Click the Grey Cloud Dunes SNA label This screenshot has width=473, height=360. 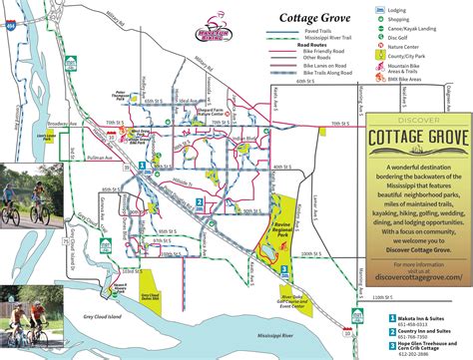[x=152, y=295]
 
